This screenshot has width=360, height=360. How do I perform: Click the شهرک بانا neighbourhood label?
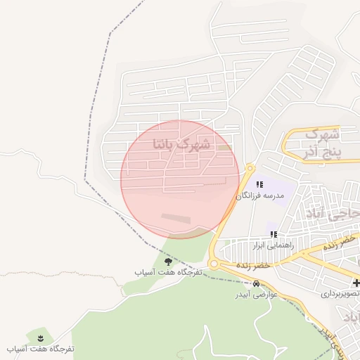pos(181,143)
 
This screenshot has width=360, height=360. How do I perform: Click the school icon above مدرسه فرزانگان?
pos(260,184)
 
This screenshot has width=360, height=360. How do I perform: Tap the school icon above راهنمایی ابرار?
pos(274,234)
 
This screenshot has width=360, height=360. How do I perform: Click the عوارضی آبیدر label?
pos(256,294)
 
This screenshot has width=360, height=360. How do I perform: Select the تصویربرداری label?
pos(341,293)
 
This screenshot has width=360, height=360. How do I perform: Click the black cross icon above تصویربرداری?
pos(356,283)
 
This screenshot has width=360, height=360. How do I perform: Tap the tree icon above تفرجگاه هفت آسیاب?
pos(167,262)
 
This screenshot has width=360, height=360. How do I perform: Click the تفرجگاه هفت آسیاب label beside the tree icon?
pos(169,271)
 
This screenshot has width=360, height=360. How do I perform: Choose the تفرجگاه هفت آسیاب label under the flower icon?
pos(40,349)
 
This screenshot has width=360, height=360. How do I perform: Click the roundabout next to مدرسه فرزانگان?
pos(250,168)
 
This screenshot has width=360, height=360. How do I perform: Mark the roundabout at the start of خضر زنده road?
pos(214,264)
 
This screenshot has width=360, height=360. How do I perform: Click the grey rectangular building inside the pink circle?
pos(176,219)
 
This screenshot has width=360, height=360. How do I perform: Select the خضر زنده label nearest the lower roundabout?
pos(253,266)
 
